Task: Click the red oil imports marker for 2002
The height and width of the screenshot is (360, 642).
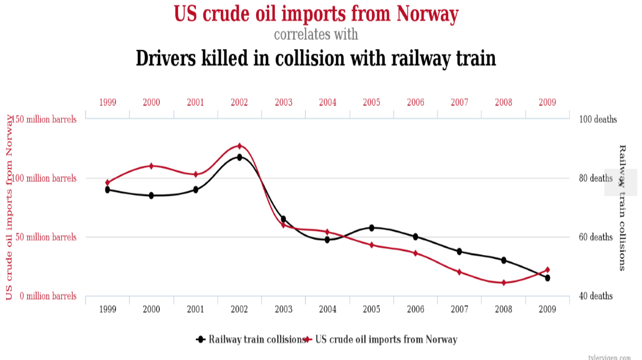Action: pyautogui.click(x=239, y=146)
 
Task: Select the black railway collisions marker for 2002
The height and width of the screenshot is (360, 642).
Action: pyautogui.click(x=239, y=157)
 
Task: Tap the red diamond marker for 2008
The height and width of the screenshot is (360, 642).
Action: pyautogui.click(x=503, y=283)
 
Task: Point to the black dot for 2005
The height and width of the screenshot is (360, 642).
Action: pyautogui.click(x=371, y=228)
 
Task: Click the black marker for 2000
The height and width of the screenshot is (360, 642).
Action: pyautogui.click(x=151, y=196)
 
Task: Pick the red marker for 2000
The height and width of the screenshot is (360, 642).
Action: pyautogui.click(x=151, y=166)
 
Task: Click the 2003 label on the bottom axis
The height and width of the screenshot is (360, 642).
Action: pyautogui.click(x=283, y=309)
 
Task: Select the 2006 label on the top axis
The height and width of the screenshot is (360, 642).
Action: pyautogui.click(x=415, y=102)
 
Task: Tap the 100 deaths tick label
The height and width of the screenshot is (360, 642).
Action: pyautogui.click(x=598, y=119)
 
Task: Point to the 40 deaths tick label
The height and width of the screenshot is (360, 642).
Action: pyautogui.click(x=596, y=296)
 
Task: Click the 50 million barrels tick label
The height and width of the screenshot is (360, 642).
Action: pyautogui.click(x=45, y=237)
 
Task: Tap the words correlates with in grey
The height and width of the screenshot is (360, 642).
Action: pyautogui.click(x=316, y=34)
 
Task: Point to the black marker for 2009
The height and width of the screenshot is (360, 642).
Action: pyautogui.click(x=548, y=278)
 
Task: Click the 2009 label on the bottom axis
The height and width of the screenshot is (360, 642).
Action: pyautogui.click(x=548, y=309)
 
